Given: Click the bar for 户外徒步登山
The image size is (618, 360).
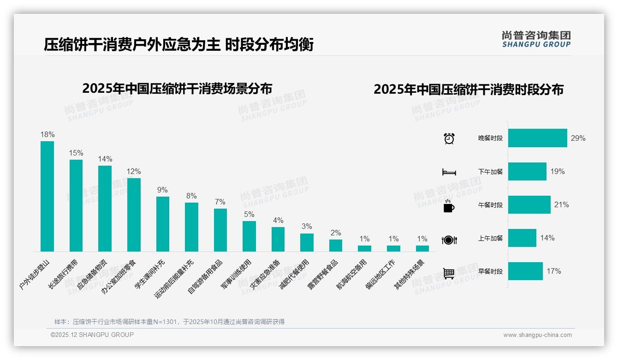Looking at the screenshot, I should tap(47, 196).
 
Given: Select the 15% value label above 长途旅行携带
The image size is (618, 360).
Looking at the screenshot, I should tap(76, 153).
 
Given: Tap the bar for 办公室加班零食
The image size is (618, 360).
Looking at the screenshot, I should tap(134, 215).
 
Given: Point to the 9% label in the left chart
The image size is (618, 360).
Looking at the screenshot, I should tap(162, 190).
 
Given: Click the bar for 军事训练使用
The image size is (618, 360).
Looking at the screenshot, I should tap(249, 236).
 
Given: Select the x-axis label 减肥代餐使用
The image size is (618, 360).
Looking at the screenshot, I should tap(295, 274).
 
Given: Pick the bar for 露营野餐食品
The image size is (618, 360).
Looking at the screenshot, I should tap(336, 245).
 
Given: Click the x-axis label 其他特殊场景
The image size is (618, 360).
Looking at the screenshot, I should tap(410, 274).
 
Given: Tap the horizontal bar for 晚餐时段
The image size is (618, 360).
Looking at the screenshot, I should tap(537, 138).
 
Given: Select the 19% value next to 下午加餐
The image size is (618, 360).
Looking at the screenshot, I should tap(557, 171).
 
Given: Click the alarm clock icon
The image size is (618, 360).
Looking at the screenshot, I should tap(449, 138).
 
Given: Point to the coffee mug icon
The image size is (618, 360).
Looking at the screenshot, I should tap(449, 206).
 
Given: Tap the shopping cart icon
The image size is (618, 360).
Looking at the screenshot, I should tap(449, 273).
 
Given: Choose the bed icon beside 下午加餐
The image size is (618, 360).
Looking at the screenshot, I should tap(449, 172).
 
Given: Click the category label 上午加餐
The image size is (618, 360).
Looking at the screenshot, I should tap(490, 238).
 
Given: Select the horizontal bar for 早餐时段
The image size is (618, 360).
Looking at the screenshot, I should tap(525, 271).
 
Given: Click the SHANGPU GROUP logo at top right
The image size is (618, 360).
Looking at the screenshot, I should tap(536, 39).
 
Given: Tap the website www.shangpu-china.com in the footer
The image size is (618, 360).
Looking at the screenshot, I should tap(537, 335).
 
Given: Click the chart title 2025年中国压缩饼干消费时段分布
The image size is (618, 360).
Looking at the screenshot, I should tap(469, 89).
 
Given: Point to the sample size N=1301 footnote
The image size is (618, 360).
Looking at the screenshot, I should tap(169, 322).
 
